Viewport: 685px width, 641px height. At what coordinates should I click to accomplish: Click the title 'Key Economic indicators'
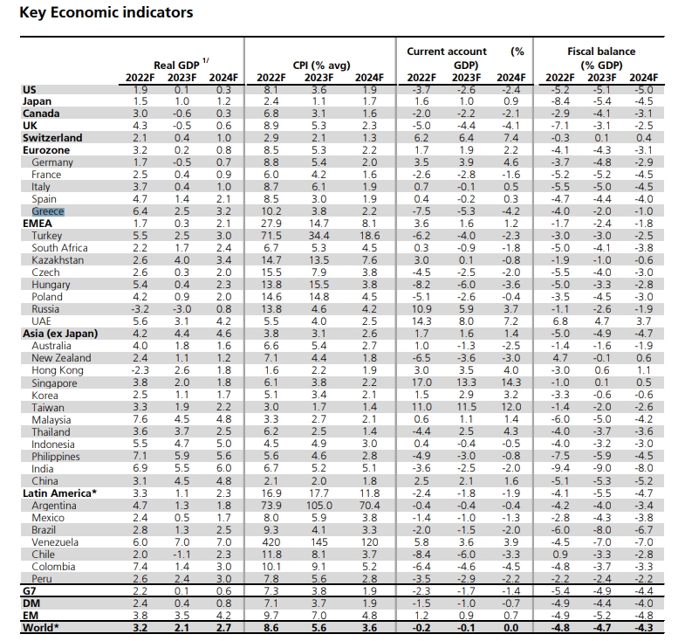click(x=106, y=13)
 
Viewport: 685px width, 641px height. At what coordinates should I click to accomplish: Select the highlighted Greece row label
click(x=48, y=211)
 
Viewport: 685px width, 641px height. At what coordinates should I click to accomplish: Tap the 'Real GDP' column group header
click(x=176, y=65)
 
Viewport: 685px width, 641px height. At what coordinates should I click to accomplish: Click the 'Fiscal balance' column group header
click(x=601, y=52)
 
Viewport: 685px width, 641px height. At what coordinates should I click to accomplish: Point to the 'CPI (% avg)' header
click(x=321, y=65)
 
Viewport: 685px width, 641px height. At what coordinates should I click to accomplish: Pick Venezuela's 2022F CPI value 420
click(x=271, y=542)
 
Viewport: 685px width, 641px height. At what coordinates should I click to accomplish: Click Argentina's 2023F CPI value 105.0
click(x=319, y=506)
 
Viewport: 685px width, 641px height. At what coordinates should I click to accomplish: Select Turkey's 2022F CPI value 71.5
click(x=271, y=236)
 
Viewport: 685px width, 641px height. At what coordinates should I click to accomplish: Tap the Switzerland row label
click(x=52, y=138)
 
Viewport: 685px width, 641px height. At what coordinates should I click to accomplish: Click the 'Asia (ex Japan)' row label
click(x=60, y=334)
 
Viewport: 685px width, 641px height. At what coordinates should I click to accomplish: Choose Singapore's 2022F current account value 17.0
click(x=421, y=383)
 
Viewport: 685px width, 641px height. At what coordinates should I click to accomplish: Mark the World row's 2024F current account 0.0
click(x=510, y=628)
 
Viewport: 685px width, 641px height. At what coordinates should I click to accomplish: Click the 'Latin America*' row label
click(x=59, y=493)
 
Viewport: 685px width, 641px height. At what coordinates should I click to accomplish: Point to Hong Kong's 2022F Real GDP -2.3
click(x=140, y=370)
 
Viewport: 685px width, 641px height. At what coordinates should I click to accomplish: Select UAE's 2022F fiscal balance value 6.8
click(x=559, y=321)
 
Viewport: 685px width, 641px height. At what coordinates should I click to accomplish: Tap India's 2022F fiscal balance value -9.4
click(x=559, y=468)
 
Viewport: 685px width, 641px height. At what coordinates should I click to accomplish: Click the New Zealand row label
click(x=61, y=358)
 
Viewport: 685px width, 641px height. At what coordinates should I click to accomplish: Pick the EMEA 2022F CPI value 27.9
click(x=271, y=224)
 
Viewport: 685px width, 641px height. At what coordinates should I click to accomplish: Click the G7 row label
click(x=30, y=591)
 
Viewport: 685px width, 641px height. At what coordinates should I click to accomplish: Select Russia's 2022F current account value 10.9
click(x=421, y=309)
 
